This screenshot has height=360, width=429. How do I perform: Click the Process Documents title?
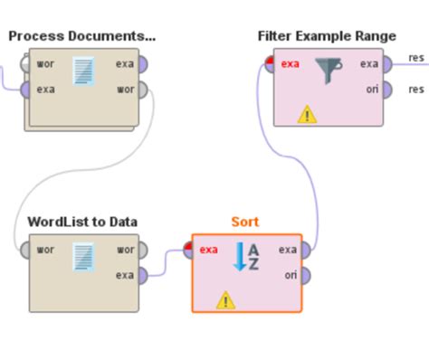[81, 36]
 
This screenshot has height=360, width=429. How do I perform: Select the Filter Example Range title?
[327, 36]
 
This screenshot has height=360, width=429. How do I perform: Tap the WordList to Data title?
[82, 222]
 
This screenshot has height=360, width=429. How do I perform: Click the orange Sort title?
[244, 222]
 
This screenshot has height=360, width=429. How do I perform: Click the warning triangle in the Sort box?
[225, 299]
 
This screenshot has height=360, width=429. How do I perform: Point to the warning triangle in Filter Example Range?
[308, 114]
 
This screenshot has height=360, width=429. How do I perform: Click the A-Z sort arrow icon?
[246, 257]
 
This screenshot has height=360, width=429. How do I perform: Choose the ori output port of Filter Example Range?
[386, 90]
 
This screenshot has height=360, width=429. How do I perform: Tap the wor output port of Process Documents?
[141, 90]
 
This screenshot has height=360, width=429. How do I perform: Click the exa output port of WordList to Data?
[141, 275]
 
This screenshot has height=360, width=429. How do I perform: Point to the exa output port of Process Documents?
[141, 64]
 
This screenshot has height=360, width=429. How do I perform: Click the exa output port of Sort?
[306, 250]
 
